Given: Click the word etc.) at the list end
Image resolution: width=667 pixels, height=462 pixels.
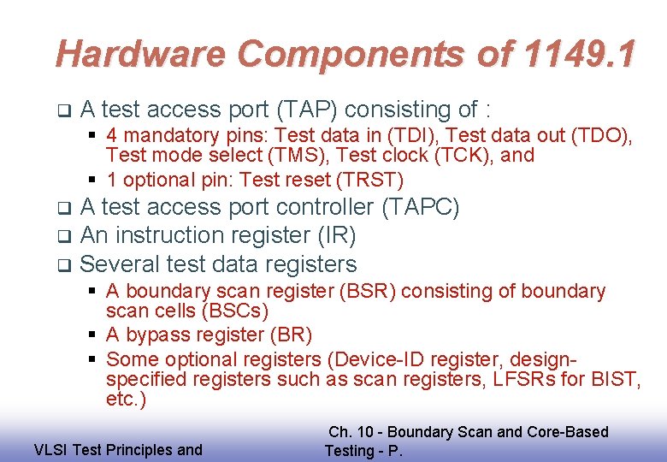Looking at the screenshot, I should pos(126,400).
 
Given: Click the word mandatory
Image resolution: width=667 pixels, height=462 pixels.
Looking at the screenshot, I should pos(167,135).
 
